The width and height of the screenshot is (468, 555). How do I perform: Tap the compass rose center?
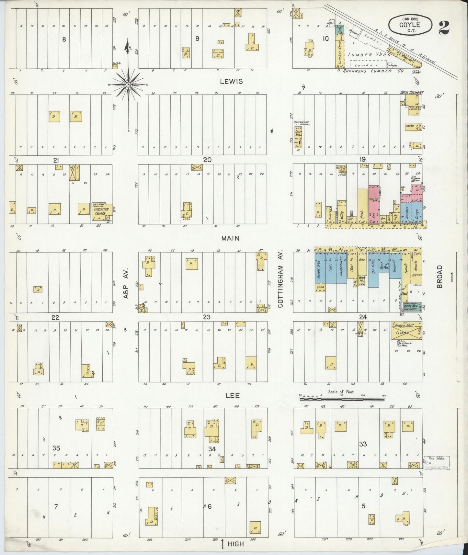coord(128,85)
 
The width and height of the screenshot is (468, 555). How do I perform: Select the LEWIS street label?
coord(231,82)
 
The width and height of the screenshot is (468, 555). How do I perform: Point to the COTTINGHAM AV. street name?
coord(280,278)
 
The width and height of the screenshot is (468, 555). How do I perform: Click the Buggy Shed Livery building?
coord(406,331)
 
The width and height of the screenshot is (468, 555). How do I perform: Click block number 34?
coord(212,448)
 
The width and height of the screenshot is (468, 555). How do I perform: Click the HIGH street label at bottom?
coord(236,544)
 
